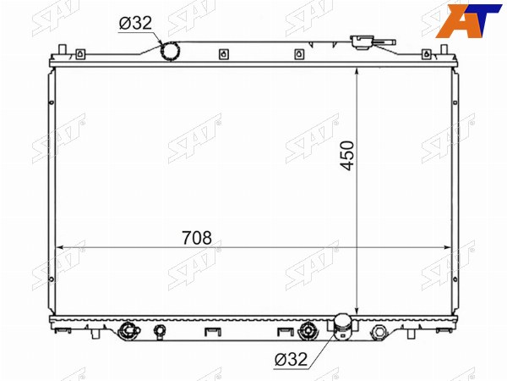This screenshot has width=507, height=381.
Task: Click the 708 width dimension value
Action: pos(197,238)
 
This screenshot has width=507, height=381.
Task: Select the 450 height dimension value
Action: pos(347,156)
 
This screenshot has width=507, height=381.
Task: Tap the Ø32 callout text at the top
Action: pos(135,23)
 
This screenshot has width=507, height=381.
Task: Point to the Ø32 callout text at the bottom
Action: pos(291,359)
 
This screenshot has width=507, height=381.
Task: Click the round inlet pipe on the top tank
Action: pos(171,52)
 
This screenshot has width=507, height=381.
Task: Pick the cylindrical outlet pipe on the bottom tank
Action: pos(342,327)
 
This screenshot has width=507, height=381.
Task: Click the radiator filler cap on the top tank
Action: pos(362,42)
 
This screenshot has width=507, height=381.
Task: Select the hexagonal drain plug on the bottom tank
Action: pos(379,331)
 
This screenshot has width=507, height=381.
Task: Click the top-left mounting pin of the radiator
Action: pos(63,50)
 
